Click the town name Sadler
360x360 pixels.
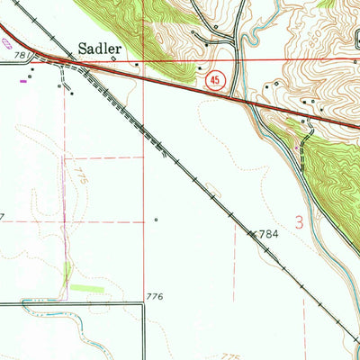(x=97, y=48)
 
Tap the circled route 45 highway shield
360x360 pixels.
(x=213, y=81)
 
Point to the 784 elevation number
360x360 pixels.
(x=264, y=234)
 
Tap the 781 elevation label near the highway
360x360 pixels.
(x=21, y=56)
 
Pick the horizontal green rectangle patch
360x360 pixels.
(x=87, y=287)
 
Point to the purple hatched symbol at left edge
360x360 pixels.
(x=6, y=41)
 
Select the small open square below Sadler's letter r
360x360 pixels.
(x=113, y=59)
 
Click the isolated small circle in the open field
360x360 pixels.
(x=156, y=218)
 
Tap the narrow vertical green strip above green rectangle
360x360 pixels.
(x=67, y=272)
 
